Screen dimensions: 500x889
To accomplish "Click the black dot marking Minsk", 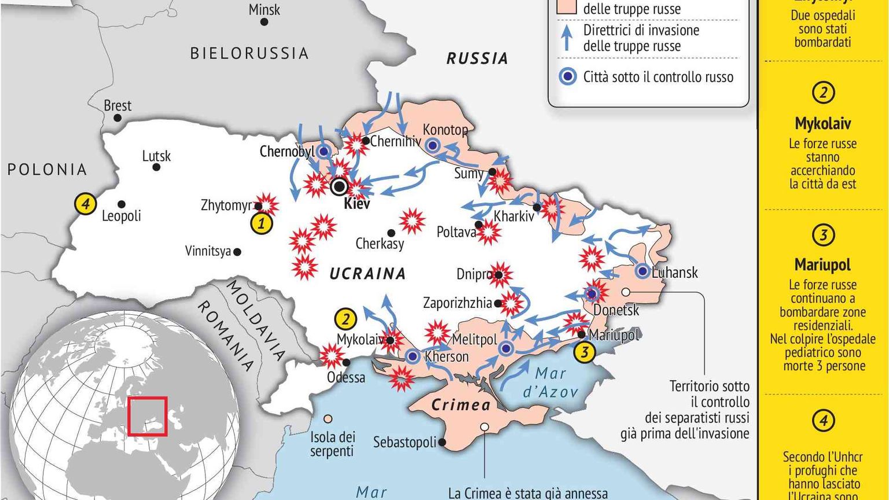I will coord(264,22).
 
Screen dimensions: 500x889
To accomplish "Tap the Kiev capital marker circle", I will coord(339,186).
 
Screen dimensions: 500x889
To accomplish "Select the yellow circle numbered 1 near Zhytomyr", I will coord(261,223).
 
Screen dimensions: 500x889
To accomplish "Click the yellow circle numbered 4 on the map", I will coord(85,204).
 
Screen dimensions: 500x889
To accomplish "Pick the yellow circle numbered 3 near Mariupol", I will coord(585,352).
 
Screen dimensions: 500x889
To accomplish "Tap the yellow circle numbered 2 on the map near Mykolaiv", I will coord(346,319).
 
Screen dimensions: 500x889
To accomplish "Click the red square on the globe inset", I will coord(148,416).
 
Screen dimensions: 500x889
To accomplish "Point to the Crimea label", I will coord(461,405).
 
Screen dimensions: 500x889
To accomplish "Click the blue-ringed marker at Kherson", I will coord(413,356).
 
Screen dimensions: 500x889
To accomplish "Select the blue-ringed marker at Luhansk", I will coord(642,270).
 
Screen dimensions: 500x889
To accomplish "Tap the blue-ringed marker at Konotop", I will coord(432,145).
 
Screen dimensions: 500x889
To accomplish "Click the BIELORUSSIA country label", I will coord(249,53).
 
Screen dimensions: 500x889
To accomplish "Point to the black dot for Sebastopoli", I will coord(442,442).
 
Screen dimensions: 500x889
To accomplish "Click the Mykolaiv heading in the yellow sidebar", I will coord(822,123).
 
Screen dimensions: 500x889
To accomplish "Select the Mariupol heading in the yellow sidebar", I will coord(822,264).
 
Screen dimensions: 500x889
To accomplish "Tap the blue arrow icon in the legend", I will coord(568,38).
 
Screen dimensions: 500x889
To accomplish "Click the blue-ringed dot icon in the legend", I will coord(568,77).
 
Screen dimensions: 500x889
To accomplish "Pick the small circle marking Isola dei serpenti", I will coord(328,418).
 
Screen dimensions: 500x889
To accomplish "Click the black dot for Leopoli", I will coord(122,204).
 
